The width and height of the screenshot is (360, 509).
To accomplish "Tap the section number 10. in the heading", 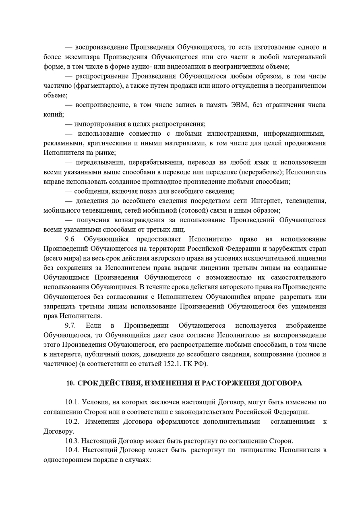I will (70, 383).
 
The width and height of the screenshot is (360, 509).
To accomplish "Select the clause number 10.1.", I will (72, 402).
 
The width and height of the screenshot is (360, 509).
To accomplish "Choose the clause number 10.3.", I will (72, 441).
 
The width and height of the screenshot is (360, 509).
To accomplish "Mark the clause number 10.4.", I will (72, 450).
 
